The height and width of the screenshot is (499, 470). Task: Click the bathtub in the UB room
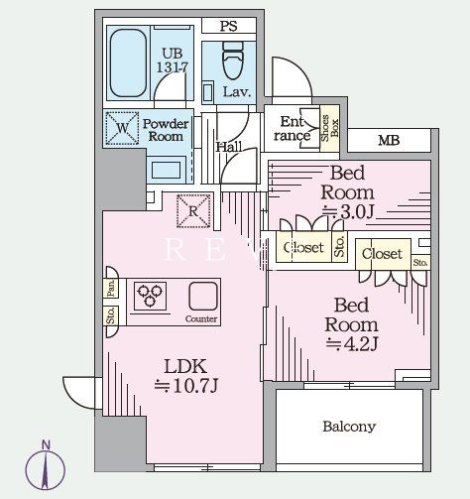tap(128, 62)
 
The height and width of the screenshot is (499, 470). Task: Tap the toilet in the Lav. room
tap(233, 61)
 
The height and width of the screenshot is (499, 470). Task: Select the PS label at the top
tap(229, 26)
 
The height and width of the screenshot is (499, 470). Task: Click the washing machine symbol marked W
tap(122, 128)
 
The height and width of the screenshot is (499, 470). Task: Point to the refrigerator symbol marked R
tap(193, 211)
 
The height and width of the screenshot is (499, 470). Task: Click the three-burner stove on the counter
tap(150, 296)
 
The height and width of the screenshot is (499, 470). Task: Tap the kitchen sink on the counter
tap(203, 296)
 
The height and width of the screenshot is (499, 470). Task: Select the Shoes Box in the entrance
tap(330, 128)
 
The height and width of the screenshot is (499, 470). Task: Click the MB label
tap(389, 141)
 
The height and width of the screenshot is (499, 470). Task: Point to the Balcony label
tap(349, 427)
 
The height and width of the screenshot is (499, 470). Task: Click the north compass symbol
tap(46, 466)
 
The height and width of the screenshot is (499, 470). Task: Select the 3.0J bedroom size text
tap(348, 212)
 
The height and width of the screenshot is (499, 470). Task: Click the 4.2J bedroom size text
tap(352, 344)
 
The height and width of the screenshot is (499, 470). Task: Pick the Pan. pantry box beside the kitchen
tap(111, 288)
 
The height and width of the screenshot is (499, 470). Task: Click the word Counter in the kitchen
tap(201, 319)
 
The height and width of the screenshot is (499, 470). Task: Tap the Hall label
tap(229, 147)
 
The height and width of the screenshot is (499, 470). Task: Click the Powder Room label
tap(166, 130)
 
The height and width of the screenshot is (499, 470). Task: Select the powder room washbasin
tap(166, 170)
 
